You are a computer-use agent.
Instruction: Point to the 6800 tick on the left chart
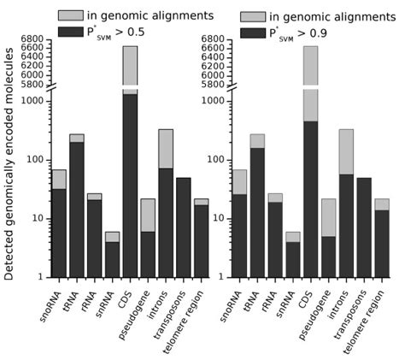click(x=32, y=39)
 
